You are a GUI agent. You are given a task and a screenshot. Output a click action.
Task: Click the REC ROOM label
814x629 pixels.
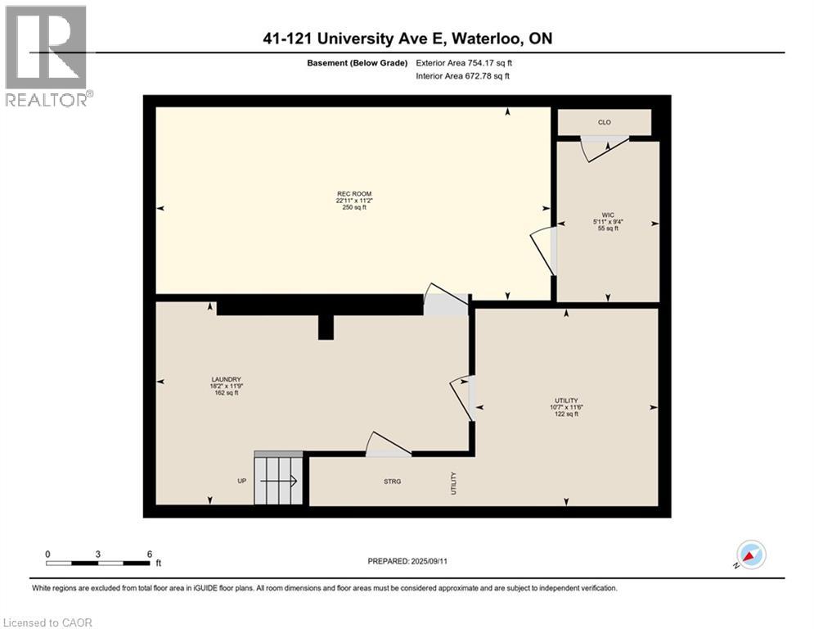point(353,193)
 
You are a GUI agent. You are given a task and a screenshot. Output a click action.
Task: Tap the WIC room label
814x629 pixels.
point(607,214)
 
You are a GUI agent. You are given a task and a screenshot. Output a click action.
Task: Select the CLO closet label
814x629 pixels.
point(605,122)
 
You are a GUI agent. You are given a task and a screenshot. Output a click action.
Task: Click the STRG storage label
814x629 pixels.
point(392,482)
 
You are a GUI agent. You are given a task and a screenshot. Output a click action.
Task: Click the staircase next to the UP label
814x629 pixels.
point(278,480)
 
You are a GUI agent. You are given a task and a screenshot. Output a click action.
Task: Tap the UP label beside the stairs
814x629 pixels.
point(242,481)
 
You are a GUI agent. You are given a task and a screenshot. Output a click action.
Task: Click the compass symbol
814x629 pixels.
point(750,554)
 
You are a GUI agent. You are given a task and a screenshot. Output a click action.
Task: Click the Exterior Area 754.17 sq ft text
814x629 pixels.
point(464,62)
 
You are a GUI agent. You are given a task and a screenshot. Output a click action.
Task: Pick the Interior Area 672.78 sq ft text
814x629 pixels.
point(463,76)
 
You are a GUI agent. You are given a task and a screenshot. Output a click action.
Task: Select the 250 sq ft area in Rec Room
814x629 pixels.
point(353,208)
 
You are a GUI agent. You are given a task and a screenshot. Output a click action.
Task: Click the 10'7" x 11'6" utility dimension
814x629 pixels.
point(566,407)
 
